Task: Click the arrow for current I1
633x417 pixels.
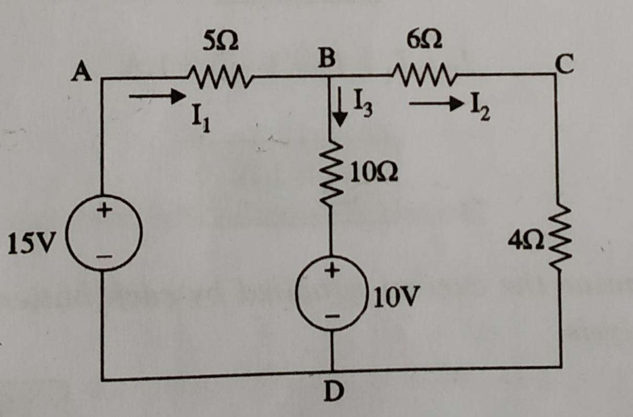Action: [157, 96]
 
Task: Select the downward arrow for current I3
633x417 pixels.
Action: [341, 110]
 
